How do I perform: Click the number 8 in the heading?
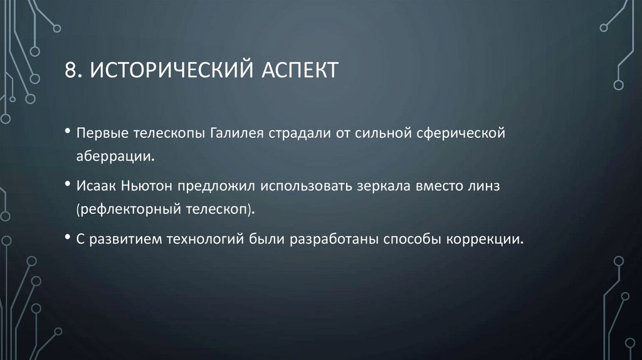[70, 70]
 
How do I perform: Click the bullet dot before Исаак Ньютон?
[68, 187]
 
